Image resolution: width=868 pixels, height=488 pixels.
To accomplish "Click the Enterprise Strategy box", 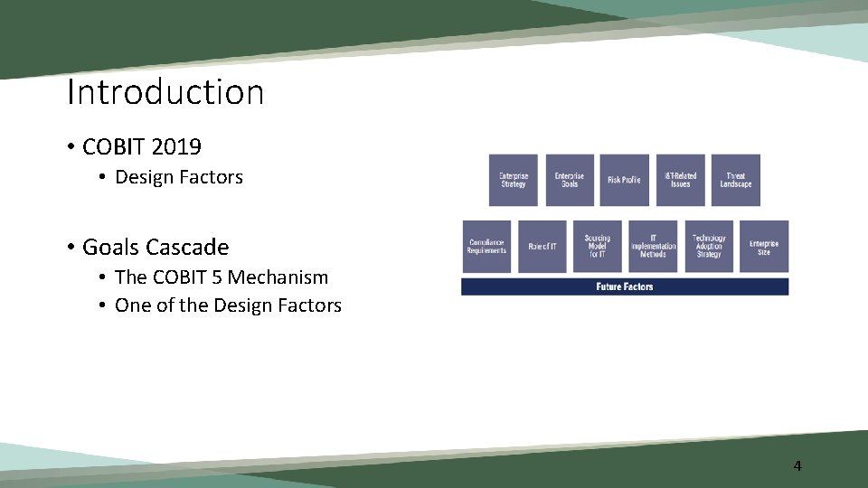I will click(513, 180).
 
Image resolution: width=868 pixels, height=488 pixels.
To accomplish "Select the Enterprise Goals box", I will click(569, 180).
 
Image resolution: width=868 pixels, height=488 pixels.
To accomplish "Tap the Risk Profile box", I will click(624, 180).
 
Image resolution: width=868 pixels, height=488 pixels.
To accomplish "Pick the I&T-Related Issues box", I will click(680, 180).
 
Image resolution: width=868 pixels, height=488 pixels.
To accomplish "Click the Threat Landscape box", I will click(735, 180).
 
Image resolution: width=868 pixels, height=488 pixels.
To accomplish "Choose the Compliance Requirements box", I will click(486, 247).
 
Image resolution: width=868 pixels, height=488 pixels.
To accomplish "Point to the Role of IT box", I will click(542, 247).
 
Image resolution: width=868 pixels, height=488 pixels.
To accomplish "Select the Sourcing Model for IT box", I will click(597, 247).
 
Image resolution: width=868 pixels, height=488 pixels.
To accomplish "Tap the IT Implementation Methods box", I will click(653, 247).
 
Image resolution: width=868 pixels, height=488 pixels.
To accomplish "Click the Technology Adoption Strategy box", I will click(709, 247).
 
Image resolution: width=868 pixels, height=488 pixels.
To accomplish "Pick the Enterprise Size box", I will click(764, 247).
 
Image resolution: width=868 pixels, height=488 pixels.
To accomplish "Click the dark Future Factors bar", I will click(625, 286).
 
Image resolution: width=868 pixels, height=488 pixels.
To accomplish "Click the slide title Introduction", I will click(165, 92).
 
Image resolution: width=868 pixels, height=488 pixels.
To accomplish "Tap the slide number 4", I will click(797, 466).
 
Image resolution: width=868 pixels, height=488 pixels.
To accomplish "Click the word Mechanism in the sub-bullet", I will click(278, 277).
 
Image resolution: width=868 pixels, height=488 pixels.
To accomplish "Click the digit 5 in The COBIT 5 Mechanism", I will click(216, 277).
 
